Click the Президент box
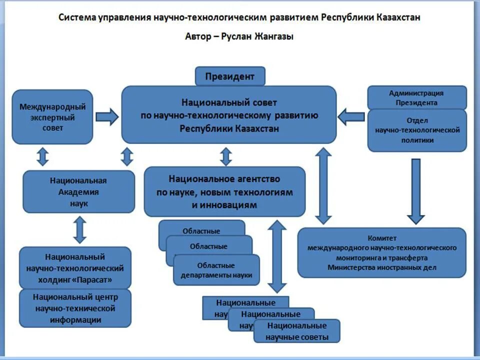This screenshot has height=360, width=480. (x=230, y=76)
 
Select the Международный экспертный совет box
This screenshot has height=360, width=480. (x=52, y=117)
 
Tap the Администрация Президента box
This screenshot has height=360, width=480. (x=416, y=97)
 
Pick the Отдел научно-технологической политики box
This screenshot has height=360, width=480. (x=417, y=130)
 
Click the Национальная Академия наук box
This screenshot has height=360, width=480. (x=78, y=192)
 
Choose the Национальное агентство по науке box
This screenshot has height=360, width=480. (x=224, y=192)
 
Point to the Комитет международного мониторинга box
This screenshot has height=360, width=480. (x=381, y=252)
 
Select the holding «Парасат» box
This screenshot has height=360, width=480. (x=75, y=268)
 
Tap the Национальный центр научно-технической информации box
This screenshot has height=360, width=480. (x=75, y=308)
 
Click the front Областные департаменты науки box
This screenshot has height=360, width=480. (x=216, y=270)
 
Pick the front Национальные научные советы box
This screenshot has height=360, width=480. (x=297, y=331)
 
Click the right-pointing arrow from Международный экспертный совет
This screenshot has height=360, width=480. (x=106, y=117)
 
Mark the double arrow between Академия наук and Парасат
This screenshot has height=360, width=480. (x=79, y=230)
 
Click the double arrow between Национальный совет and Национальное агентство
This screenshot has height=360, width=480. (x=226, y=156)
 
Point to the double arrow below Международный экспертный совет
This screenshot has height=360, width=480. (x=43, y=156)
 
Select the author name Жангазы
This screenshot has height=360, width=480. (x=274, y=36)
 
